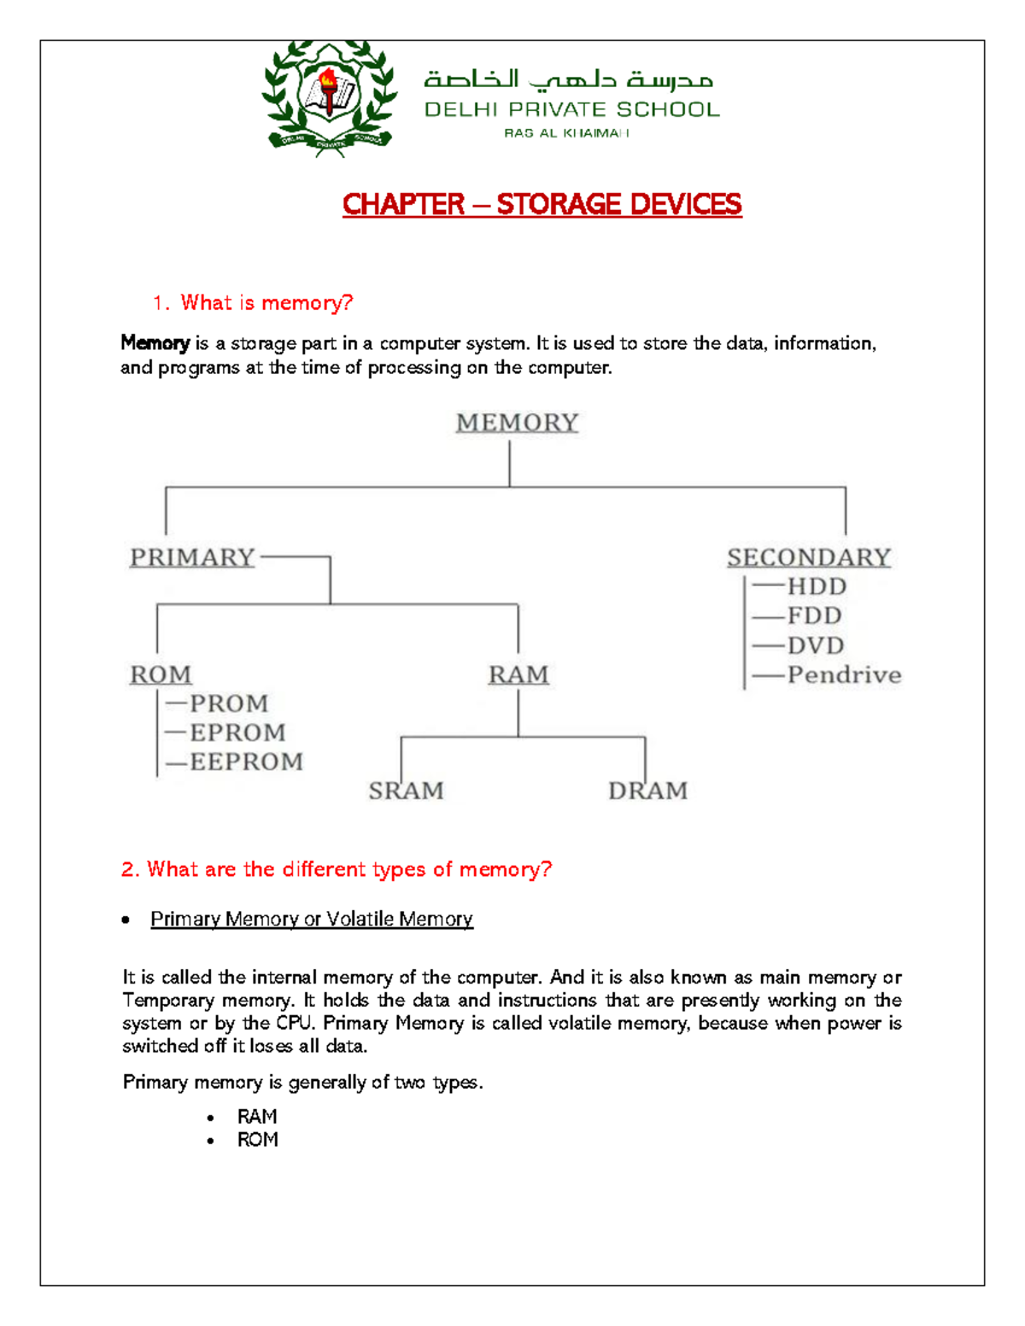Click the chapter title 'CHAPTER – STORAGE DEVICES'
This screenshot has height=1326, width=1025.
(x=542, y=205)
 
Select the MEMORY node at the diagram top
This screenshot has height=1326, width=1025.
(x=517, y=423)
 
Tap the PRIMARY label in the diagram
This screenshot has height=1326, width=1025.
(x=192, y=558)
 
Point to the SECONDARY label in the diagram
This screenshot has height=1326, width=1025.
(x=808, y=558)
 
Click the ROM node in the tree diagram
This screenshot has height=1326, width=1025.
(x=161, y=675)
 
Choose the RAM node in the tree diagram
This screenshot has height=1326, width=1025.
(x=518, y=675)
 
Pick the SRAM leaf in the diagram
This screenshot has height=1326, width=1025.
(x=406, y=791)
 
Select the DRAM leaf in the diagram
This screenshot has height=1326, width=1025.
(x=647, y=791)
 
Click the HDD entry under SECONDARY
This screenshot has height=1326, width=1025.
(x=816, y=587)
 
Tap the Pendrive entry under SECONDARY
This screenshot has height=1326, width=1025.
(x=843, y=675)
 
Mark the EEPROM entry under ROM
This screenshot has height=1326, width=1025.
(x=246, y=762)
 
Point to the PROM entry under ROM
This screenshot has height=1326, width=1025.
(x=228, y=704)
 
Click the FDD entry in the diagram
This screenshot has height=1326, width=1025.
(x=814, y=616)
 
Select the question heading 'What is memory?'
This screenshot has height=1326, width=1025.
(x=266, y=303)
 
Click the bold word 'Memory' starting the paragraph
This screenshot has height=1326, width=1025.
(x=155, y=343)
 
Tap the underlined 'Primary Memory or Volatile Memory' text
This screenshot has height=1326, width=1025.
(x=311, y=919)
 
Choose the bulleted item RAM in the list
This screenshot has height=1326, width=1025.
(x=257, y=1117)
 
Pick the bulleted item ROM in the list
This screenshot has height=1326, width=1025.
(x=257, y=1140)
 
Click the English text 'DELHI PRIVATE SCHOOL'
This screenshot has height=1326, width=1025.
(x=571, y=109)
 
